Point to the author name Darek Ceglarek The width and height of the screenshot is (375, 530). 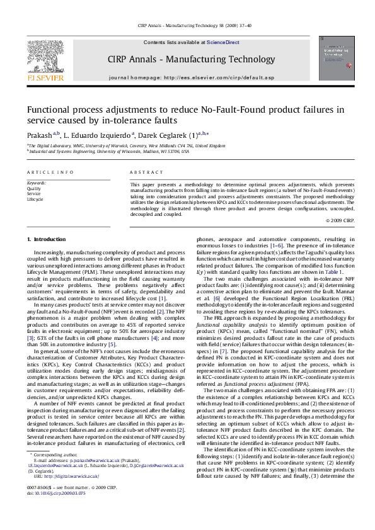185,133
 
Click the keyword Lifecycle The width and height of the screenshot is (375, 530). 35,199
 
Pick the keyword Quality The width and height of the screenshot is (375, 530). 33,188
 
